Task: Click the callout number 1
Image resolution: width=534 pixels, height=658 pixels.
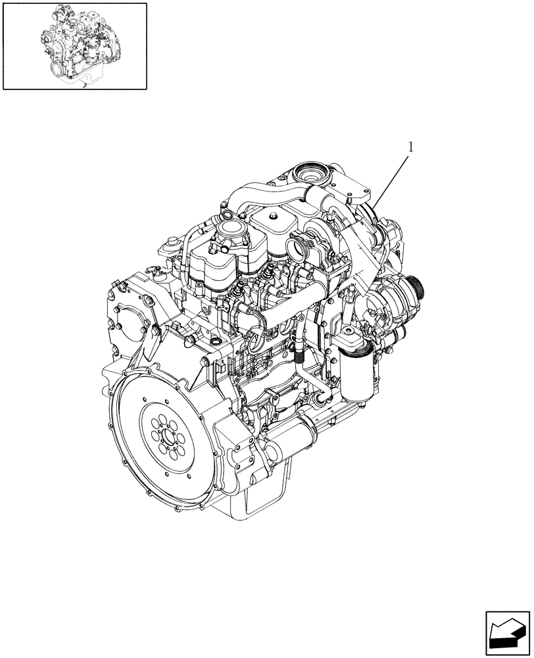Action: point(411,147)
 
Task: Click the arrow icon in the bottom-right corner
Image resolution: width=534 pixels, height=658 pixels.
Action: point(507,633)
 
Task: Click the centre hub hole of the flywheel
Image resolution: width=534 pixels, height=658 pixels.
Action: point(166,438)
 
